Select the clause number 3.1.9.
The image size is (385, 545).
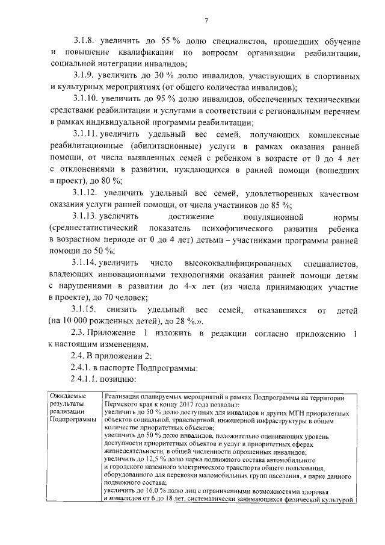pyautogui.click(x=85, y=77)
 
